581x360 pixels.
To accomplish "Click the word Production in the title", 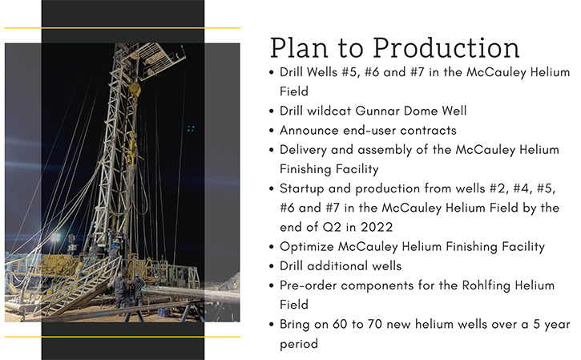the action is coord(446,48).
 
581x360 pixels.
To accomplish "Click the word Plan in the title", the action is coord(299,48).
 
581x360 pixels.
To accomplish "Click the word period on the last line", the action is coord(299,345).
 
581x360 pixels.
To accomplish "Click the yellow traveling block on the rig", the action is coord(135,89).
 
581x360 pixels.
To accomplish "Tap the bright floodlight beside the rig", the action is coord(55,237).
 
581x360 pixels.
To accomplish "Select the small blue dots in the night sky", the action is coord(191,128).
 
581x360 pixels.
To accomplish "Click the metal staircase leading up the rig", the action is coord(79,287).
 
